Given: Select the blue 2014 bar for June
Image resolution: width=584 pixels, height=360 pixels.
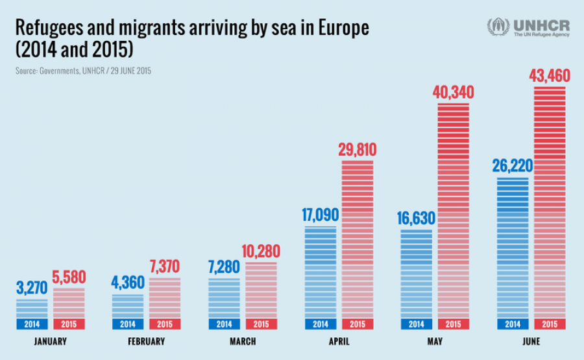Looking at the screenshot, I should pos(513,246).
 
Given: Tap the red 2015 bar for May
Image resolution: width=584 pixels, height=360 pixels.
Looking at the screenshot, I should pos(453,211).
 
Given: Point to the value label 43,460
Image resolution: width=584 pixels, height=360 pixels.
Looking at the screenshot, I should pos(549,76).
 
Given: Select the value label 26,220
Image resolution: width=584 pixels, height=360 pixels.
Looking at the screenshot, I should pos(512,166).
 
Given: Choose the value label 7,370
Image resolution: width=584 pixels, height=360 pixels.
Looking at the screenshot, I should pos(166,267).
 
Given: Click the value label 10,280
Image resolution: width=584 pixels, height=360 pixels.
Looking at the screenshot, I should pos(261,250).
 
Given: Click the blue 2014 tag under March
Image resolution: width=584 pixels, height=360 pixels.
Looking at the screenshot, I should pos(224,324).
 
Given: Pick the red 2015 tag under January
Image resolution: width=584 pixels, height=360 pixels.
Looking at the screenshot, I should pos(69,324).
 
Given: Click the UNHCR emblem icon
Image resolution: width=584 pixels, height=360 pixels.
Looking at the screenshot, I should pos(498,27).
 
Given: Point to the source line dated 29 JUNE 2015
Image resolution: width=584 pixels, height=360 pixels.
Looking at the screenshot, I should pos(83,70).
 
